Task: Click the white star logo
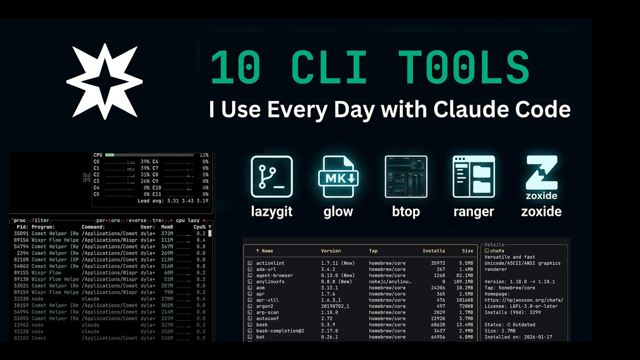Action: point(104,81)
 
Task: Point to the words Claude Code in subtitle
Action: point(502,109)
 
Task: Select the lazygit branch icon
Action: point(271,177)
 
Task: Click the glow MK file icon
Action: point(338,177)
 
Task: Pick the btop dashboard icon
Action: point(405,177)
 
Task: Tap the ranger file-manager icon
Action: point(473,177)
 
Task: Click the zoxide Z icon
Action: point(541,173)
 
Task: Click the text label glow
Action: point(338,211)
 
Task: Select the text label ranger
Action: point(473,211)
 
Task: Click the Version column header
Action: point(330,251)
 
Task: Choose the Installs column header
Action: point(433,251)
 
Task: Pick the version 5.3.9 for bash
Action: point(329,324)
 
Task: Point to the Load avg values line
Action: point(173,201)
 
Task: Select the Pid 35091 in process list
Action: point(21,233)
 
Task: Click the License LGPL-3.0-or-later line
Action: point(520,306)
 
